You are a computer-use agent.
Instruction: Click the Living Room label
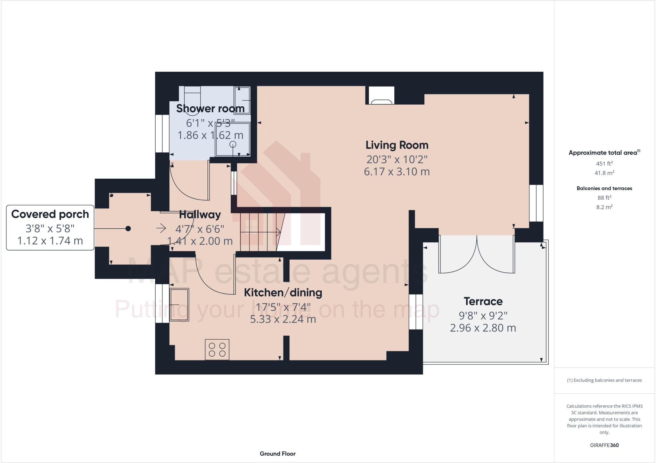(397, 145)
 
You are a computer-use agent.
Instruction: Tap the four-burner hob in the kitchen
(217, 349)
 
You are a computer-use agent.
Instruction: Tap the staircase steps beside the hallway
(259, 232)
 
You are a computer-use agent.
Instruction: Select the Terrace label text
(483, 301)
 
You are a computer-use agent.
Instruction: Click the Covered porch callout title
(50, 214)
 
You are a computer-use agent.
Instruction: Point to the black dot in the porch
(128, 228)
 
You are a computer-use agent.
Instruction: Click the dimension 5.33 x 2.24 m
(283, 319)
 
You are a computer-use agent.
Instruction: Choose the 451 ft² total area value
(604, 163)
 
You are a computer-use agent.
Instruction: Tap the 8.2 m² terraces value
(604, 207)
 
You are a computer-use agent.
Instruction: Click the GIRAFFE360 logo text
(604, 445)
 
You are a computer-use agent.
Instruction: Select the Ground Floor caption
(277, 454)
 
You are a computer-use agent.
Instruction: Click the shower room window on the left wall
(162, 134)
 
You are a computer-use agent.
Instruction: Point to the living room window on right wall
(536, 203)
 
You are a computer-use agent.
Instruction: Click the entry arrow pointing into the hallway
(161, 228)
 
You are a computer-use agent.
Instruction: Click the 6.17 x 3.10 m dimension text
(397, 172)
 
